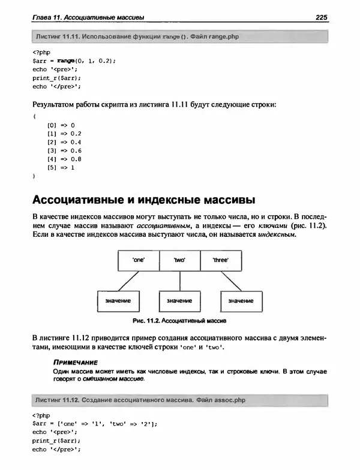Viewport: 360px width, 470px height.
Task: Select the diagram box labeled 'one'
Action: pyautogui.click(x=138, y=261)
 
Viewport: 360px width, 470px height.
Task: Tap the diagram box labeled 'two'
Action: pyautogui.click(x=180, y=261)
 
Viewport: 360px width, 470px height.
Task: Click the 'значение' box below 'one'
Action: pyautogui.click(x=118, y=300)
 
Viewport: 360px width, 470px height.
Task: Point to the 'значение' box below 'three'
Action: pyautogui.click(x=241, y=300)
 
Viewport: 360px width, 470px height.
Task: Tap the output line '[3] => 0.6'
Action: pyautogui.click(x=64, y=150)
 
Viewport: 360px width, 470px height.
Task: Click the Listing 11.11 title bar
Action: pyautogui.click(x=179, y=37)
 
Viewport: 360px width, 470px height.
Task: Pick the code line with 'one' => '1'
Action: pyautogui.click(x=94, y=423)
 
